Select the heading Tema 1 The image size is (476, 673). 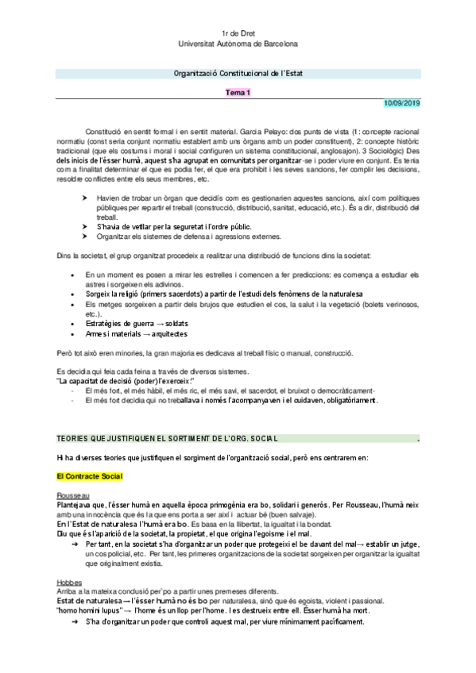pos(238,93)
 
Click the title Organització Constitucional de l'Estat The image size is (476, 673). pos(238,73)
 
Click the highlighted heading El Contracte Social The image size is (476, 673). pos(89,476)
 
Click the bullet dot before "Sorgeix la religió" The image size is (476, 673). pos(72,294)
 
